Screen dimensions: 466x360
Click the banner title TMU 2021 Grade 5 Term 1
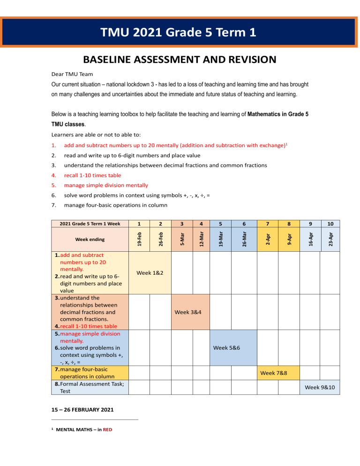click(x=180, y=32)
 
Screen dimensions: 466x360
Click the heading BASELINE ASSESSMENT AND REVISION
click(x=180, y=60)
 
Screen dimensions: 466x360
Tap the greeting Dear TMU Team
click(x=72, y=74)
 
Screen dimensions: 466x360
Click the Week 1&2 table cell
click(x=150, y=272)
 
